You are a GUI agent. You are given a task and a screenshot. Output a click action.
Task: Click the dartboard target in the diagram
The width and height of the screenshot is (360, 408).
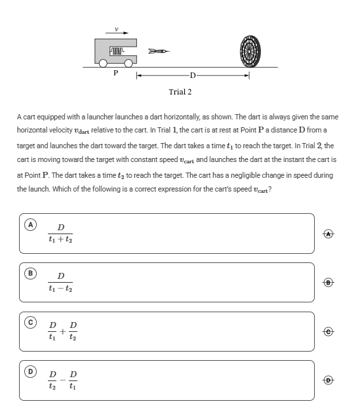point(250,51)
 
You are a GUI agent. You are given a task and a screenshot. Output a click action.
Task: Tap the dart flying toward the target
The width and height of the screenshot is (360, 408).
point(159,51)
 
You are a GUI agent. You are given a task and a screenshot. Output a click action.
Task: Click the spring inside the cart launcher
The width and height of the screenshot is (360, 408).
point(117,51)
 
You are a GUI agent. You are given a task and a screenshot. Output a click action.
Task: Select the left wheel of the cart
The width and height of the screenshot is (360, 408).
point(103,63)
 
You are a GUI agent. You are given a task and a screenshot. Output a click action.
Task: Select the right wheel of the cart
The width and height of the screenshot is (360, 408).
point(129,63)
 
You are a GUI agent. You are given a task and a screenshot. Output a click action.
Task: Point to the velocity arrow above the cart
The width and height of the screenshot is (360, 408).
point(117,33)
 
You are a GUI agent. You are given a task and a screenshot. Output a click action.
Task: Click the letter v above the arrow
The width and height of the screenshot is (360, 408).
point(117,29)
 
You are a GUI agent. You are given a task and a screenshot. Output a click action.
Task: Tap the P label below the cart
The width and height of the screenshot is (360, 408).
point(116,73)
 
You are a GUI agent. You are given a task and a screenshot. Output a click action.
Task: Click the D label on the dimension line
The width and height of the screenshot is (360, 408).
point(193,75)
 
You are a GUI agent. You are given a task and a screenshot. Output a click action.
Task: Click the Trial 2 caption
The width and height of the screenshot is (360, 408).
point(180,92)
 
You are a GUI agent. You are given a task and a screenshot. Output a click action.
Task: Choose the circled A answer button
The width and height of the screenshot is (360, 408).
point(30,224)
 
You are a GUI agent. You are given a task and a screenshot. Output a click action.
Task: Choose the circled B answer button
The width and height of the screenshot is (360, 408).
point(30,274)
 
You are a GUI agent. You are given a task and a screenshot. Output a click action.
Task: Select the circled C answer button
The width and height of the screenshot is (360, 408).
point(30,322)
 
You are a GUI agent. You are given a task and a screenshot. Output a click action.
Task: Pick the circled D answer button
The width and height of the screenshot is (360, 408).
point(30,371)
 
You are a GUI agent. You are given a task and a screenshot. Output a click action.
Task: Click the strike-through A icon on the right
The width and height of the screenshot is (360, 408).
point(329,234)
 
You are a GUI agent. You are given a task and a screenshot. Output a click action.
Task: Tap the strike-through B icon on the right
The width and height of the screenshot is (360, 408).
point(329,282)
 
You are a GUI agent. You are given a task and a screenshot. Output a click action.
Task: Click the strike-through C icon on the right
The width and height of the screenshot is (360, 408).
point(329,331)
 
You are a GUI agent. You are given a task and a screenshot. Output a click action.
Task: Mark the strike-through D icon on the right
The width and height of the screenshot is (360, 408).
point(329,380)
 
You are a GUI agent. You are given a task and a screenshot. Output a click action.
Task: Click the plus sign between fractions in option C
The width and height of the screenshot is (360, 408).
point(63,331)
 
